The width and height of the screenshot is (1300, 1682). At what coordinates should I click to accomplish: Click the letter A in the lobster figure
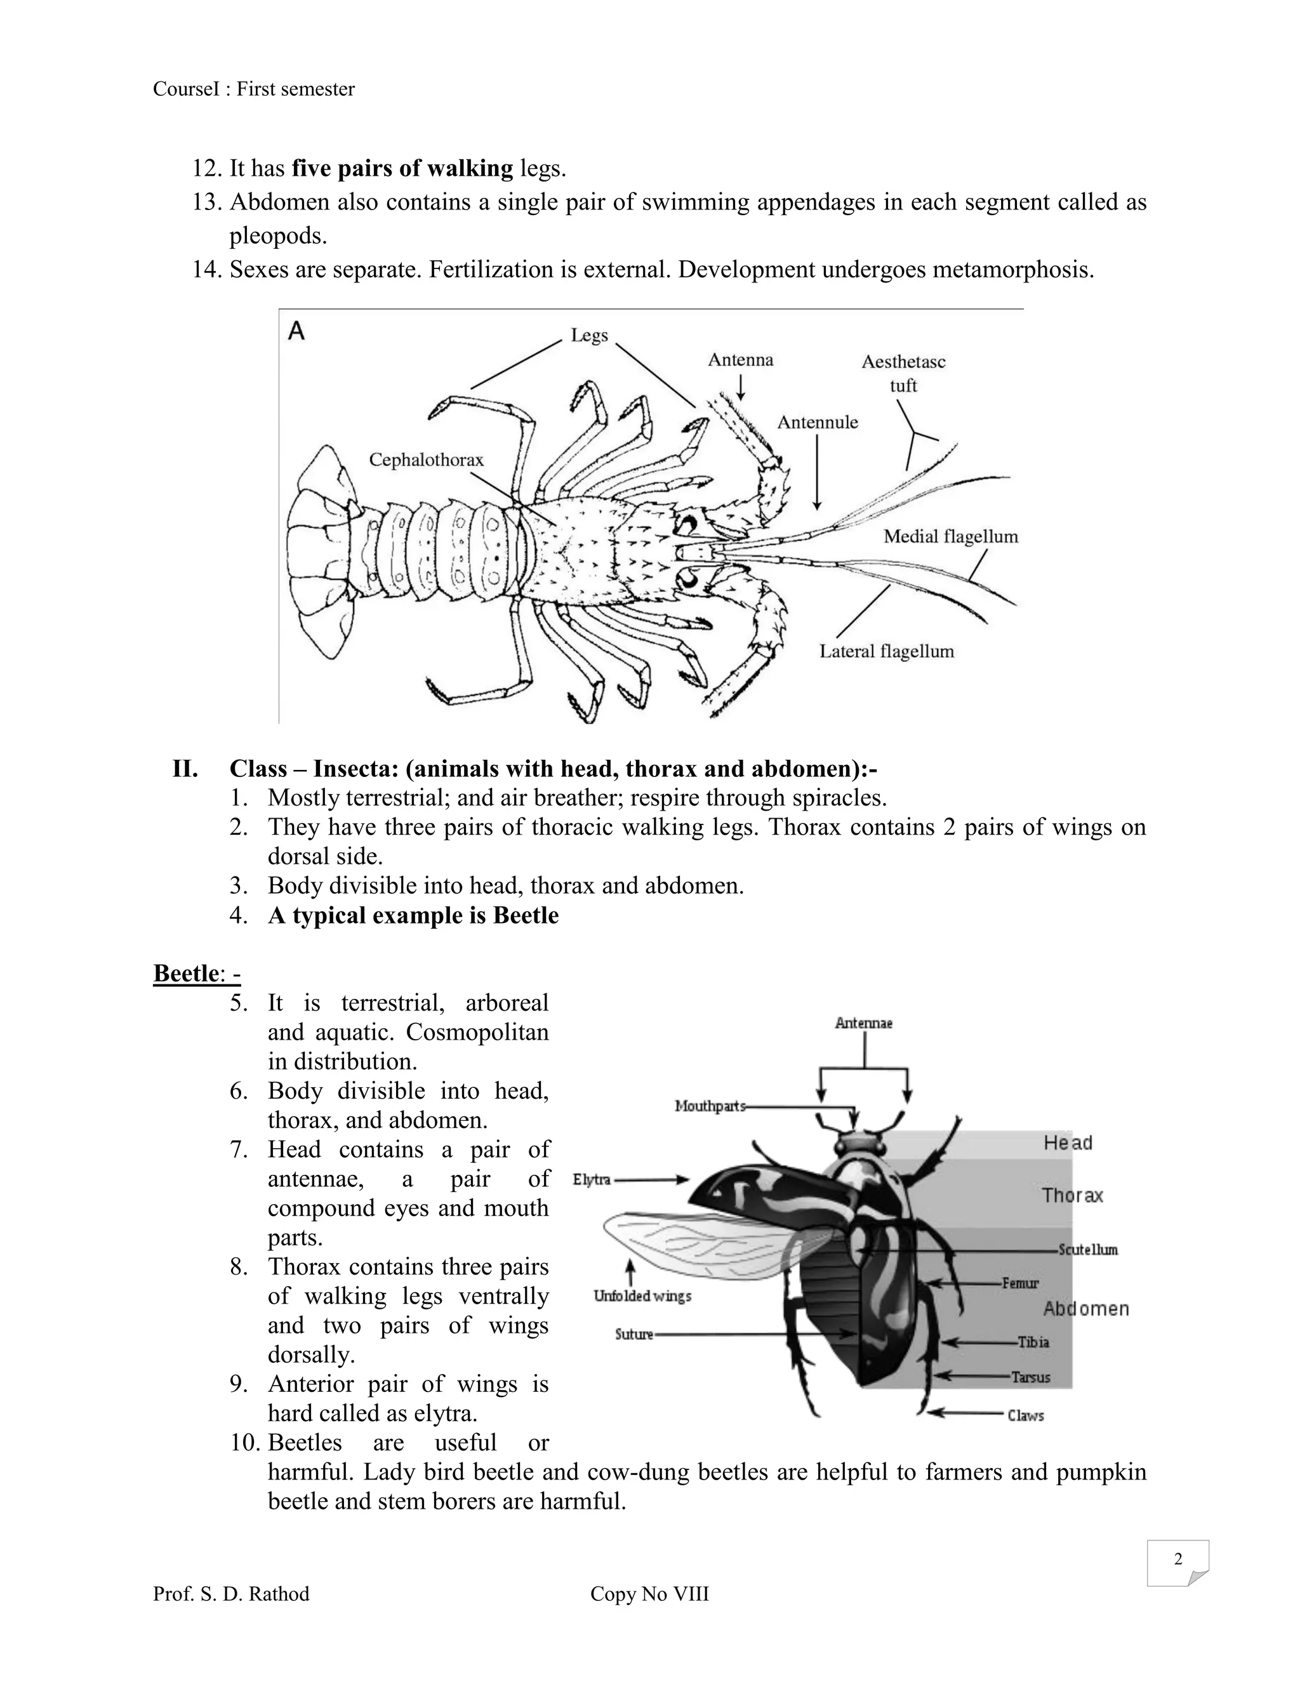click(x=296, y=331)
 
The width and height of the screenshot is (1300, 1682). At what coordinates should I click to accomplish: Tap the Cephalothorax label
click(x=426, y=460)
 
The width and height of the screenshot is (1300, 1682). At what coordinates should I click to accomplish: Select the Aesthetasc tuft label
click(x=903, y=373)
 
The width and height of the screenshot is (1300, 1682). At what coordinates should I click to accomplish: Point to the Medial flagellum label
click(x=950, y=536)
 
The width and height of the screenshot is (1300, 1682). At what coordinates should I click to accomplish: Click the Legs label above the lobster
click(x=589, y=335)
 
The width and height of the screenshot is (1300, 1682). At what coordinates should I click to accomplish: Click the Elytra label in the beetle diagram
click(x=592, y=1179)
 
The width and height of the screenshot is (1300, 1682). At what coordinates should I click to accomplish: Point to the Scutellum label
click(x=1087, y=1249)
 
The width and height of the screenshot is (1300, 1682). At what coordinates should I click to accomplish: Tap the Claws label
click(x=1026, y=1415)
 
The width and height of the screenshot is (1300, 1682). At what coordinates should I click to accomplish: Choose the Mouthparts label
click(x=709, y=1106)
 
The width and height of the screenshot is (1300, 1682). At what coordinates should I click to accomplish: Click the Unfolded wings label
click(x=642, y=1296)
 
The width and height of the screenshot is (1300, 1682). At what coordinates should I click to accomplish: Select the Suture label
click(x=634, y=1334)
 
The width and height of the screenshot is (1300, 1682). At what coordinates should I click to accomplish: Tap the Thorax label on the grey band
click(x=1072, y=1195)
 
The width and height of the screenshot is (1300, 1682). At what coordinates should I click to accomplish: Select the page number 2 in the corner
click(x=1177, y=1559)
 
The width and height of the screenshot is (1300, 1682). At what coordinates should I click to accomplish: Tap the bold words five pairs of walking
click(x=402, y=168)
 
